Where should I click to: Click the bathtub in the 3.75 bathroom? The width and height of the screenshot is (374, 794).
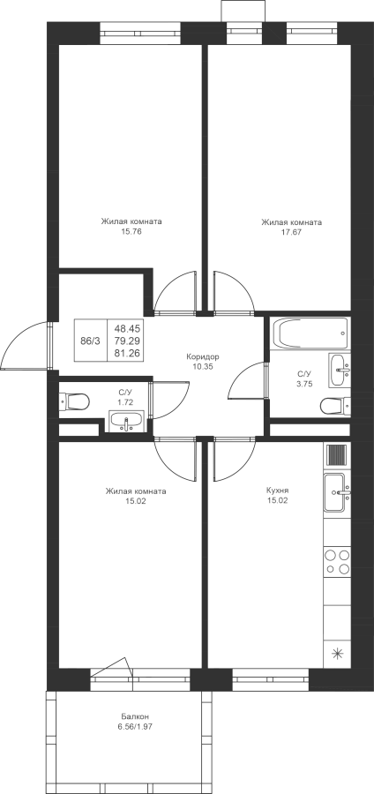[x=310, y=333]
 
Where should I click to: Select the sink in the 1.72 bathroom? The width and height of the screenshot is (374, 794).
[x=125, y=422]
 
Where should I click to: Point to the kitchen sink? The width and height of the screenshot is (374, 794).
[x=336, y=492]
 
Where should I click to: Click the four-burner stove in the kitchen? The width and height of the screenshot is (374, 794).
[x=337, y=562]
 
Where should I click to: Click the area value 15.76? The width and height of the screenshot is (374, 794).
[x=131, y=232]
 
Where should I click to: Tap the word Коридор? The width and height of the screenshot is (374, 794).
[x=202, y=356]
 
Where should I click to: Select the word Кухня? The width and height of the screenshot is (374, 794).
[x=277, y=491]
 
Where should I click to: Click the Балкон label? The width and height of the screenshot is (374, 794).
[x=135, y=716]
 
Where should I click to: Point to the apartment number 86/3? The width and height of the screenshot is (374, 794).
[x=91, y=341]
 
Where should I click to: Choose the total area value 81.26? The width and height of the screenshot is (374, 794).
[x=128, y=353]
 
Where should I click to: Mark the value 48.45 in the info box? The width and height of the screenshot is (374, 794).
[x=128, y=329]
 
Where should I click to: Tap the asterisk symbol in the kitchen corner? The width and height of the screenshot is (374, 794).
[x=337, y=654]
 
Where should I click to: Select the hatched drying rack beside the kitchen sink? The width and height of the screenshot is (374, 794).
[x=337, y=454]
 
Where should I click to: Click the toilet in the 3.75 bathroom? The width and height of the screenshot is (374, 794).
[x=335, y=405]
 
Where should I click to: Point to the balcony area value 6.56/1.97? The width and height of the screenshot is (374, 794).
[x=135, y=727]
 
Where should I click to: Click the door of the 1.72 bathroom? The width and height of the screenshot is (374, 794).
[x=152, y=400]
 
